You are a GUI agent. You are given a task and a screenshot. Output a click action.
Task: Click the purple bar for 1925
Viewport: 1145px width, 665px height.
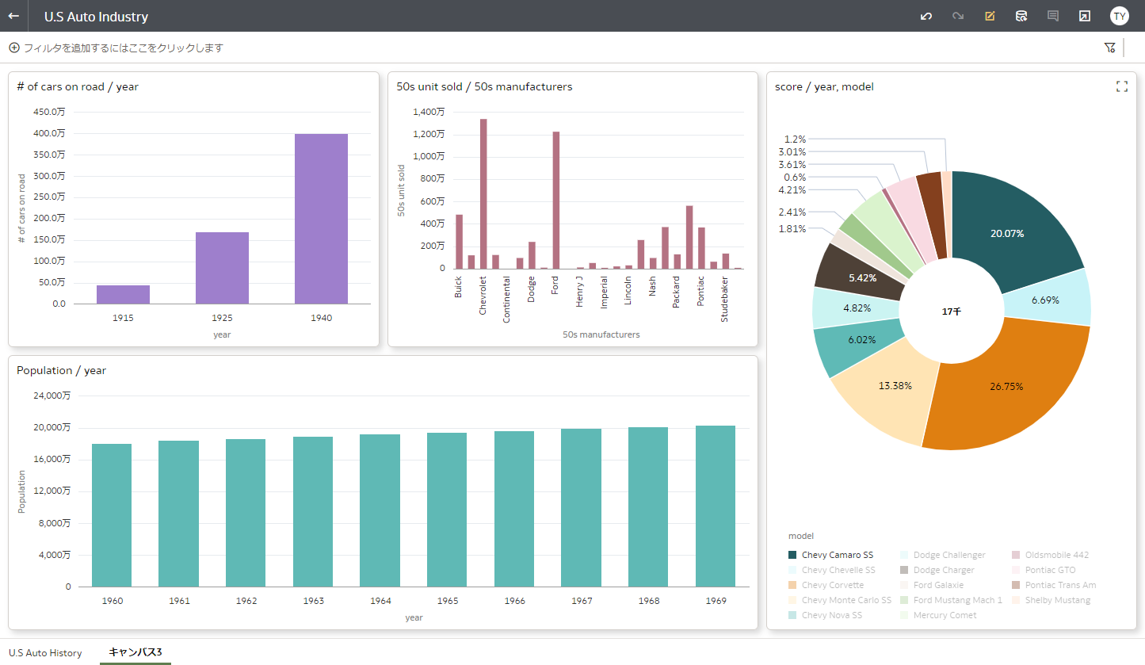(x=222, y=268)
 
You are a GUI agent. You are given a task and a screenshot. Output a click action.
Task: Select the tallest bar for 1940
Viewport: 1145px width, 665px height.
(x=321, y=219)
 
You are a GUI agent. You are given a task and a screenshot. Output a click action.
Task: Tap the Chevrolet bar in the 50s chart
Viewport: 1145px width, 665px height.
(x=483, y=194)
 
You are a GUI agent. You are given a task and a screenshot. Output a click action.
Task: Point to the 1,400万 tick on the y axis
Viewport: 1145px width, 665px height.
(x=429, y=112)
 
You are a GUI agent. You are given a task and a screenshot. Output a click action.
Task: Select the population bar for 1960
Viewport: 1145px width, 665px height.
(x=112, y=515)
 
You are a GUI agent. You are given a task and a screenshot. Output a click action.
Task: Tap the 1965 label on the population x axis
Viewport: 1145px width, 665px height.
(x=447, y=601)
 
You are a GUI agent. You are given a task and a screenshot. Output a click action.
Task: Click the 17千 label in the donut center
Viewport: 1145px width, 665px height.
(x=951, y=312)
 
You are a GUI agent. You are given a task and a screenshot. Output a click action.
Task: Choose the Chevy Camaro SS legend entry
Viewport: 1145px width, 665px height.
(x=837, y=555)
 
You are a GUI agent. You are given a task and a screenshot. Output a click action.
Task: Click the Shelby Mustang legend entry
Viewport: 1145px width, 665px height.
(x=1057, y=600)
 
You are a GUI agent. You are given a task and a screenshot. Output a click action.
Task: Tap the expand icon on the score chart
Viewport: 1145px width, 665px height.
(x=1121, y=86)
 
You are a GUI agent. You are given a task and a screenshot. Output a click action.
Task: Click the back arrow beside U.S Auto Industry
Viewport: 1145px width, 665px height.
(x=13, y=16)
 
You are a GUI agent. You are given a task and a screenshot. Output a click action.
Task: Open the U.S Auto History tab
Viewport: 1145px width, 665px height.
(x=45, y=652)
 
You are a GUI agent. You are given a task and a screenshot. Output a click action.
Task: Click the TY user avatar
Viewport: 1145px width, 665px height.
(x=1119, y=16)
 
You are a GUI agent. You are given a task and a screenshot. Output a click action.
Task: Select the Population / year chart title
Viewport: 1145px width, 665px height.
(x=61, y=370)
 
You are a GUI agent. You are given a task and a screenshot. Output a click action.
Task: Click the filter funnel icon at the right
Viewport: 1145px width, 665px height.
(x=1109, y=48)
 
